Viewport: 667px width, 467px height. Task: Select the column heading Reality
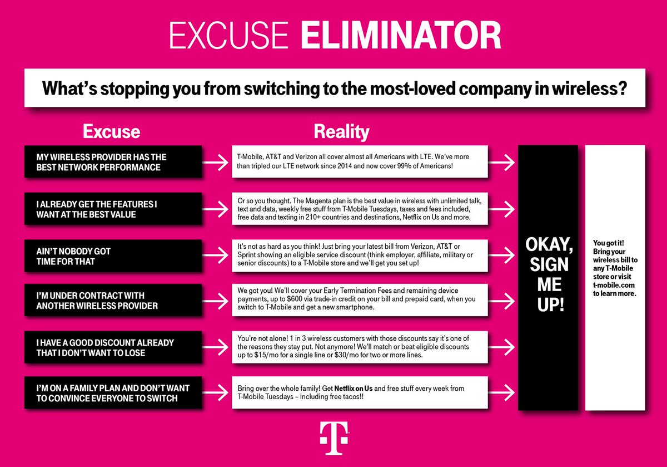[341, 132]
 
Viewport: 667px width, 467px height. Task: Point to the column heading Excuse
[111, 132]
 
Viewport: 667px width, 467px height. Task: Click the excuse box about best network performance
[112, 162]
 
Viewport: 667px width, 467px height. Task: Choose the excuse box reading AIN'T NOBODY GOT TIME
[112, 256]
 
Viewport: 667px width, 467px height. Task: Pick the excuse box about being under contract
[112, 301]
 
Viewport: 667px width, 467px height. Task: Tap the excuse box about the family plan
[112, 393]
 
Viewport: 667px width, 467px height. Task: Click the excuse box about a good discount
[112, 347]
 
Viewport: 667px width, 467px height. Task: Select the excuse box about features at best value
[112, 209]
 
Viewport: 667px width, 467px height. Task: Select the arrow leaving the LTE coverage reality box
[503, 162]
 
